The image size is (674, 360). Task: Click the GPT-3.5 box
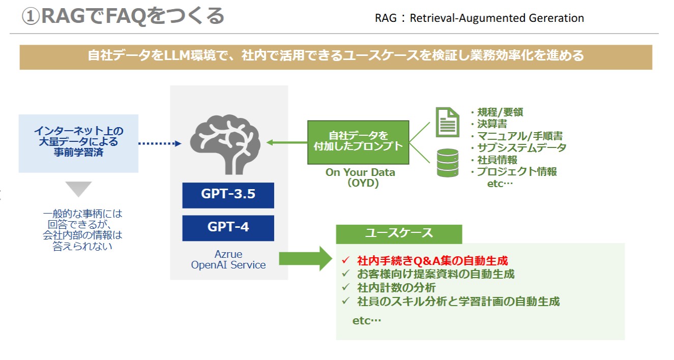tap(228, 195)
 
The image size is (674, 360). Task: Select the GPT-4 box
tap(228, 228)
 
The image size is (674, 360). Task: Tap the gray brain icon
tap(225, 144)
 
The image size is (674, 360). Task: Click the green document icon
tap(448, 122)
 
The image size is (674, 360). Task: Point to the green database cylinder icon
tap(448, 163)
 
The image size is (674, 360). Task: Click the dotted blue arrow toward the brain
tap(160, 143)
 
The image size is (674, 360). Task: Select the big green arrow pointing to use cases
tap(305, 259)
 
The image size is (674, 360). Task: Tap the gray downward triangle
tap(78, 188)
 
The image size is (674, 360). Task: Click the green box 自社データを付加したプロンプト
tap(358, 142)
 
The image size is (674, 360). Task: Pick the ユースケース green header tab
tap(399, 234)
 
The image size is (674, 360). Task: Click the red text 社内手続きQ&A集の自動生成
tap(432, 261)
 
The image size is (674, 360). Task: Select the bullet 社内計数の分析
tap(396, 288)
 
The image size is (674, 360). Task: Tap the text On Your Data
tap(360, 172)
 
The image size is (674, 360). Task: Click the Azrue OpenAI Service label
tap(228, 259)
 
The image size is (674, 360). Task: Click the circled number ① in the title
tap(31, 17)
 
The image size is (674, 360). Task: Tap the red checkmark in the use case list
tap(345, 260)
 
